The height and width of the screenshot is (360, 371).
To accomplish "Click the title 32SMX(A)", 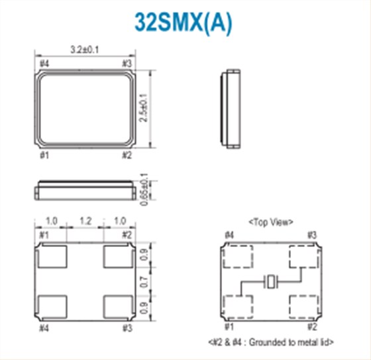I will pos(184,23).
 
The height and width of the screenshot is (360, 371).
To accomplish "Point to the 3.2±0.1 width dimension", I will pos(85,49).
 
